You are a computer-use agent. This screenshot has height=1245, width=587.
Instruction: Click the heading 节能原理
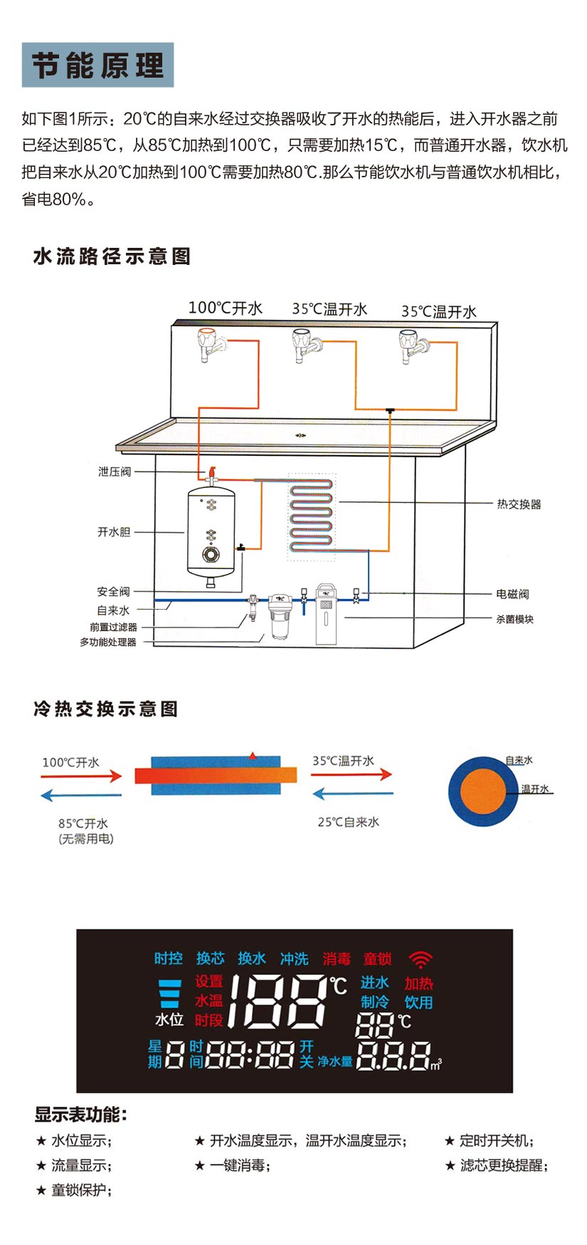coord(97,66)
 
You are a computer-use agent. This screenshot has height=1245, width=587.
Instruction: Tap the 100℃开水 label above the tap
coord(225,308)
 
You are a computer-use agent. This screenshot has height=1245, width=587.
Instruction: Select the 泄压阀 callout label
coord(115,472)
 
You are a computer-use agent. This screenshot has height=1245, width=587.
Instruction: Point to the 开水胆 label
coord(114,532)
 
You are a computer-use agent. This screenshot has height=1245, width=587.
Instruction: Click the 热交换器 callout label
coord(519,504)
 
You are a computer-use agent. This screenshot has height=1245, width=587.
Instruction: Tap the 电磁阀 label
coord(512,594)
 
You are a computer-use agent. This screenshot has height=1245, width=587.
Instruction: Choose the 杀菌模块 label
coord(514,619)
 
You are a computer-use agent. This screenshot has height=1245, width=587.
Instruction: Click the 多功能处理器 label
coord(107,642)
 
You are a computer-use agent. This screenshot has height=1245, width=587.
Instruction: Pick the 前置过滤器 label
coord(113,627)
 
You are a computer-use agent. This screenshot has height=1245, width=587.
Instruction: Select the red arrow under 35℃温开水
coord(352,774)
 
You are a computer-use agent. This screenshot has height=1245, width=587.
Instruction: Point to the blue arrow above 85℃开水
coord(81,795)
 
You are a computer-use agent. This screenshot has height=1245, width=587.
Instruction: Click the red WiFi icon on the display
coord(421,959)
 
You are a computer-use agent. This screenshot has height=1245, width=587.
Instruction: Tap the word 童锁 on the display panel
coord(377,959)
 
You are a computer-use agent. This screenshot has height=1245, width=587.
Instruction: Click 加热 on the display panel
coord(418,984)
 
